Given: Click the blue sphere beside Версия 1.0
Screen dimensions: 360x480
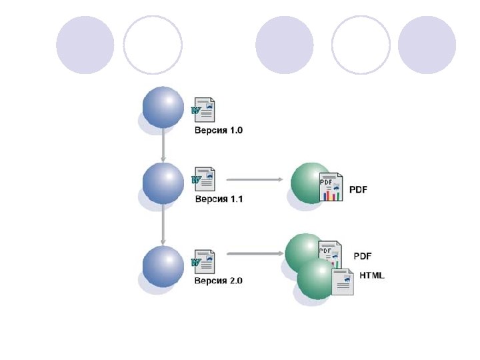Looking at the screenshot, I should [163, 107].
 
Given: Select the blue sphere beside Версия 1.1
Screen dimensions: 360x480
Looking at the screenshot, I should [163, 183].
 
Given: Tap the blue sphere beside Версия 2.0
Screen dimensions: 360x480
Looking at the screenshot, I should [163, 266].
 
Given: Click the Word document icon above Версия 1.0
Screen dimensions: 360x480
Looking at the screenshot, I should [204, 109].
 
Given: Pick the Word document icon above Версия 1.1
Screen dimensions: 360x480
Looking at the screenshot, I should [204, 179].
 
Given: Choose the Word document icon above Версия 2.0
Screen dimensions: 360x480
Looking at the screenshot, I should [204, 261].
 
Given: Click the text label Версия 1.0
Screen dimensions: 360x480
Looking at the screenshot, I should [218, 131].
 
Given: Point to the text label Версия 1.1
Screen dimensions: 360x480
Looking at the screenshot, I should [218, 199].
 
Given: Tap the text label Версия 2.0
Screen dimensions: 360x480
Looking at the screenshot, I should [218, 281].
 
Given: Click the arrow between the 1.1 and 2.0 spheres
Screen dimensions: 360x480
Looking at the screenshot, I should [163, 225].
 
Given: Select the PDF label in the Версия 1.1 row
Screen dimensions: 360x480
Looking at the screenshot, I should [359, 189].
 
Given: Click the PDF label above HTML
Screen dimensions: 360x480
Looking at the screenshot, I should [362, 256].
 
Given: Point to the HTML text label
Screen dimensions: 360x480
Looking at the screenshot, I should [372, 275].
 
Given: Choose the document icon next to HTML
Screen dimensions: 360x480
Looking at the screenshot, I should [343, 283].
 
